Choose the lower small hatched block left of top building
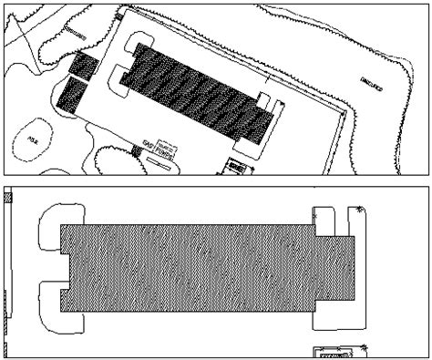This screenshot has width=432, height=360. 71,94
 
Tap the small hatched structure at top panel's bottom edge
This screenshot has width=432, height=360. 237,167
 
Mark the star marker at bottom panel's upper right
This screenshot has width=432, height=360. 362,211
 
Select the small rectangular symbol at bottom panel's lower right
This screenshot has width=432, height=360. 333,352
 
